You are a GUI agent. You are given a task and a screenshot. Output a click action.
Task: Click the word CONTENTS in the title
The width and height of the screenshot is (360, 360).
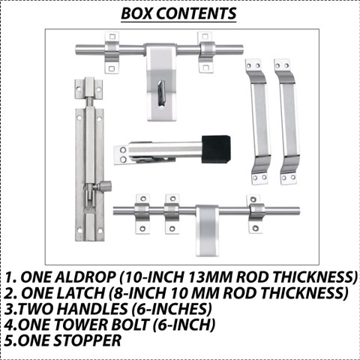click(x=196, y=13)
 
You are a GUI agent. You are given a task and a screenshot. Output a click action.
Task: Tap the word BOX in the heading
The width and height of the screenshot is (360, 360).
click(x=136, y=13)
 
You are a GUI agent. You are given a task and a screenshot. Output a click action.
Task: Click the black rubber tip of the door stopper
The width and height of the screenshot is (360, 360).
click(x=216, y=149)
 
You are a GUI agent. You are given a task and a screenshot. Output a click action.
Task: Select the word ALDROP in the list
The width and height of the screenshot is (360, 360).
click(x=68, y=277)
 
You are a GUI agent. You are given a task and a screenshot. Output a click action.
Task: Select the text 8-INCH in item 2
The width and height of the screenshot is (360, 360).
click(x=138, y=292)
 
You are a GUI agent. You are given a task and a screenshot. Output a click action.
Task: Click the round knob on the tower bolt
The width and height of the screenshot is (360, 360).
click(x=105, y=185)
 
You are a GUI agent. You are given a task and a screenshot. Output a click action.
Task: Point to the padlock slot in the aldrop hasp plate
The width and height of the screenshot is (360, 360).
click(x=161, y=94)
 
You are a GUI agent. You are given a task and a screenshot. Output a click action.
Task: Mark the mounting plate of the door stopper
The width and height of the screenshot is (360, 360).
click(x=121, y=154)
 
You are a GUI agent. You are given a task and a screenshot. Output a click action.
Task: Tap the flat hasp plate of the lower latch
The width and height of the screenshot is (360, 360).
click(x=207, y=230)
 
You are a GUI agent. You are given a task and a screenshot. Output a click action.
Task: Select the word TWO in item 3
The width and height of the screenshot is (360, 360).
click(x=35, y=308)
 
